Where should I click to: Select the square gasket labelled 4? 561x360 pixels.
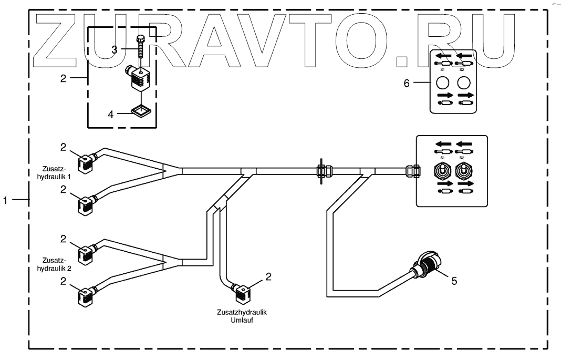pos(140,111)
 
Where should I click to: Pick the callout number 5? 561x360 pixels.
pos(455,280)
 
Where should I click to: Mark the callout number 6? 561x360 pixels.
pos(406,83)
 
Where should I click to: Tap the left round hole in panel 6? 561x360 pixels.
pos(442,83)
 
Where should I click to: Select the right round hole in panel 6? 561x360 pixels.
pos(463,83)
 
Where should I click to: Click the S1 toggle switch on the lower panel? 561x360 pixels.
pos(442,172)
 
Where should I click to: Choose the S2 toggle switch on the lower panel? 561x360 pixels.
pos(463,172)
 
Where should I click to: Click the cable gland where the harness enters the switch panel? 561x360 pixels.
pos(412,170)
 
